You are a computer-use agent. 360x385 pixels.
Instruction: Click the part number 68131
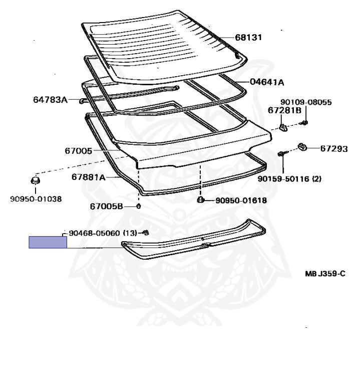pos(248,38)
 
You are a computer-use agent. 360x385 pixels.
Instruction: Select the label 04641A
pos(266,82)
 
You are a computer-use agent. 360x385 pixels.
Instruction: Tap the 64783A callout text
pos(50,100)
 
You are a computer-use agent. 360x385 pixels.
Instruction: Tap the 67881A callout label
pos(88,177)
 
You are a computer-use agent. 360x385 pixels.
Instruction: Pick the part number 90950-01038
pos(36,199)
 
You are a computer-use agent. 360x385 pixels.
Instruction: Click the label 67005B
pos(106,206)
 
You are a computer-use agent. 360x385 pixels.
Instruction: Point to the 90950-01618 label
pos(241,201)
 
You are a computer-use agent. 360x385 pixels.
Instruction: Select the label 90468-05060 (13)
pos(103,233)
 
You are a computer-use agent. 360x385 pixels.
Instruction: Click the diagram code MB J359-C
pos(325,274)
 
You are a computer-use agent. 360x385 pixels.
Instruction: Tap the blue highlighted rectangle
pos(48,242)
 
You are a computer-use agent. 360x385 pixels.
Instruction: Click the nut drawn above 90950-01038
pos(35,180)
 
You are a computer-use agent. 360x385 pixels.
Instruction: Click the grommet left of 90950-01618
pos(201,200)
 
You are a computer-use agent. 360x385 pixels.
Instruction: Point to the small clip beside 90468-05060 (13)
pos(146,232)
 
